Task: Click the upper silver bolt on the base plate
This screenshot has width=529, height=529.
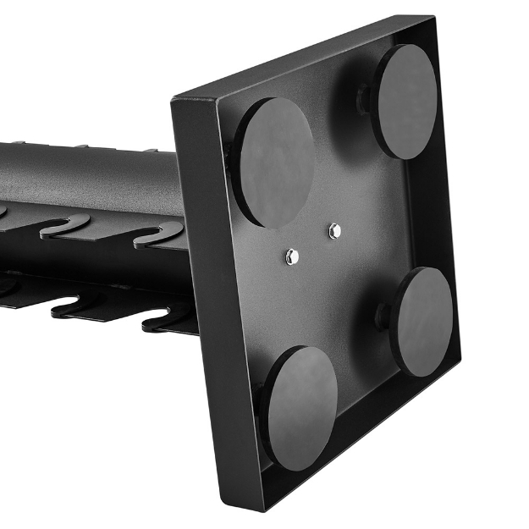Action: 334,229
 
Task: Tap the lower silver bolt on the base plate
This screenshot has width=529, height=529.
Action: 292,254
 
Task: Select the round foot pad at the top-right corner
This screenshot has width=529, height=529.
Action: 405,101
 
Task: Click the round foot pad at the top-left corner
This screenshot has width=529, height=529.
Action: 274,162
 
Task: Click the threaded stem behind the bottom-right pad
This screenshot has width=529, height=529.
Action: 383,316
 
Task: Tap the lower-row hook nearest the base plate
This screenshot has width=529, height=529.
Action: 169,317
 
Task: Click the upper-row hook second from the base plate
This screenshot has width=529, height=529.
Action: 63,224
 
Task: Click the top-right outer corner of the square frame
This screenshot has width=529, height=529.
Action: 433,17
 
